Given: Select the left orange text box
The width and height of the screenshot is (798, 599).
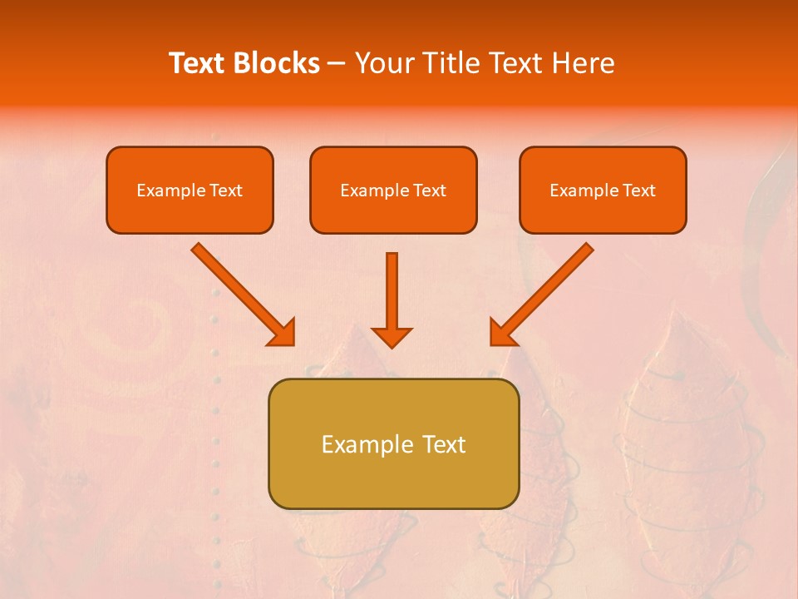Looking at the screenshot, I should [190, 190].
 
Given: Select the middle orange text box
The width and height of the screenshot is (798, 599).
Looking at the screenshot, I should [393, 190].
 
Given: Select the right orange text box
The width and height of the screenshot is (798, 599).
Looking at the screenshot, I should [603, 190].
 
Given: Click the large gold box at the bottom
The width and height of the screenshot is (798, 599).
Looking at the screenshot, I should [393, 443].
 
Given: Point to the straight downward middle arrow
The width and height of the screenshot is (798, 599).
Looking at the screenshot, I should [392, 291].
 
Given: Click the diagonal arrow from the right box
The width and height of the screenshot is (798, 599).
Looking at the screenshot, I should [548, 288].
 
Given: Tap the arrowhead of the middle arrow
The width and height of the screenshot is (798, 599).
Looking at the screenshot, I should [392, 336].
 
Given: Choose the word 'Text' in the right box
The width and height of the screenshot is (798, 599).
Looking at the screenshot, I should [638, 191].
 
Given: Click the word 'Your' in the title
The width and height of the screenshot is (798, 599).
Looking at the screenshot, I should [382, 63].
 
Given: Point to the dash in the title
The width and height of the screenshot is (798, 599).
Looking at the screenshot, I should [337, 64].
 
